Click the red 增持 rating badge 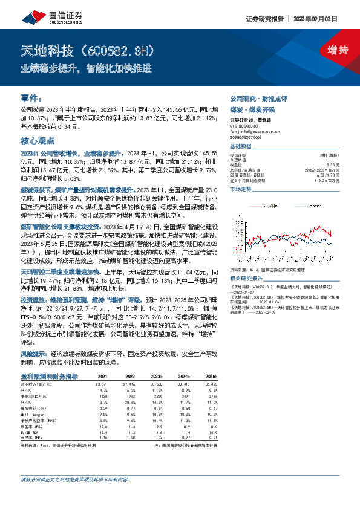pyautogui.click(x=330, y=50)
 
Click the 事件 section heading pyautogui.click(x=30, y=97)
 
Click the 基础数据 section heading pyautogui.click(x=240, y=148)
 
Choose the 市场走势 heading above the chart pyautogui.click(x=240, y=189)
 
